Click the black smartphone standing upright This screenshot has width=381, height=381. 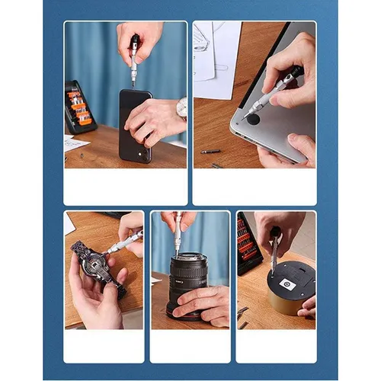(134, 126)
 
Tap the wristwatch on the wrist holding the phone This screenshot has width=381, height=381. (181, 108)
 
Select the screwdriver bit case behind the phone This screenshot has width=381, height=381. (79, 107)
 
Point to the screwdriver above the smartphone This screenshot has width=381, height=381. (134, 60)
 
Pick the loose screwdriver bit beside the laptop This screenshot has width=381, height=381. (210, 151)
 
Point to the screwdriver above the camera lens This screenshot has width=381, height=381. (178, 232)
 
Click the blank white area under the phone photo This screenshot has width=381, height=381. (125, 187)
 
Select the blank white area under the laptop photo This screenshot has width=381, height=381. (254, 187)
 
